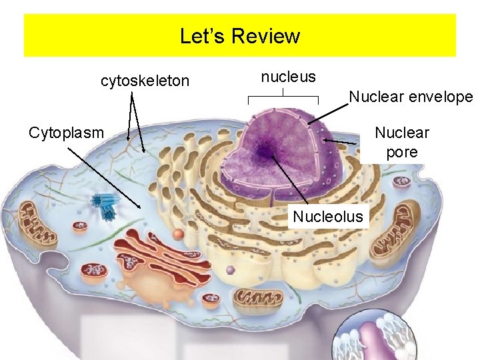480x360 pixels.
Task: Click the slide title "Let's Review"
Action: click(240, 35)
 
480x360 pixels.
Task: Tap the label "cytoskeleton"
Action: click(145, 81)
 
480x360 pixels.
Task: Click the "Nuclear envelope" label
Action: click(411, 97)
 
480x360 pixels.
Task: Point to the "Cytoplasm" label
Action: click(67, 132)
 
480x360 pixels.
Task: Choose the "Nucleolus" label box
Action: click(329, 216)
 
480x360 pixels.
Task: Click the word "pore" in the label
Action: click(402, 152)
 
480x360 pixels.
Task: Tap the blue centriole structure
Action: click(105, 205)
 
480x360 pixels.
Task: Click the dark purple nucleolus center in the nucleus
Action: click(266, 152)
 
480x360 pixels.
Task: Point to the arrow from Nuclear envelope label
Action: click(328, 113)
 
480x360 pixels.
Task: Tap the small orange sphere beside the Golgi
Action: click(177, 235)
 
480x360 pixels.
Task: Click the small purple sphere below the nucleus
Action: click(231, 271)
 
